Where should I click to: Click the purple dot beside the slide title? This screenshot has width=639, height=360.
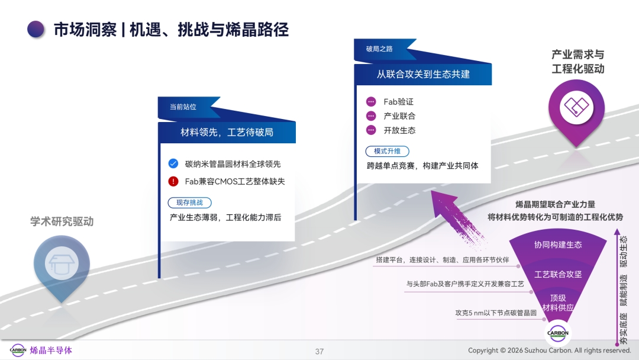pos(36,30)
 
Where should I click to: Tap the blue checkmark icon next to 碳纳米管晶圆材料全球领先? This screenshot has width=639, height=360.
pos(173,163)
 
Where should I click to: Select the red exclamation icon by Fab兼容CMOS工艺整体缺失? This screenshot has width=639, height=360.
pos(173,181)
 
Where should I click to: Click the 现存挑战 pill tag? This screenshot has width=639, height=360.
pos(189,202)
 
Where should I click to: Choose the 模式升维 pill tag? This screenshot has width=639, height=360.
pos(387,151)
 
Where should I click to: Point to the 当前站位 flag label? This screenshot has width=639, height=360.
pos(183,107)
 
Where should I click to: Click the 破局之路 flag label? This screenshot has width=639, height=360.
pos(379,49)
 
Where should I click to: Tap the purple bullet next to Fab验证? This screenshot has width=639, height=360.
pos(371,101)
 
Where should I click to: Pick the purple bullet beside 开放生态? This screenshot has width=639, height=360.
pos(371,130)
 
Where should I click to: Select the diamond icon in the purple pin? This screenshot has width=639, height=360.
pos(576,107)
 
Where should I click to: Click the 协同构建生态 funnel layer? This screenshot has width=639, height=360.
pos(558,245)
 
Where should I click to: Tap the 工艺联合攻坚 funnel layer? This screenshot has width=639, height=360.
pos(558,274)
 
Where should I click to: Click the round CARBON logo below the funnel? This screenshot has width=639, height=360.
pos(557,333)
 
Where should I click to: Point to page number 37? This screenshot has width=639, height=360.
pos(319,352)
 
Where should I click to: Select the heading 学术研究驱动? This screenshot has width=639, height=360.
pos(62,221)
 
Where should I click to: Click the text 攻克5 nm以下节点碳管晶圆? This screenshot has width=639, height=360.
pos(496,313)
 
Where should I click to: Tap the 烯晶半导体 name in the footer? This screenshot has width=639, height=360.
pos(51,350)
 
